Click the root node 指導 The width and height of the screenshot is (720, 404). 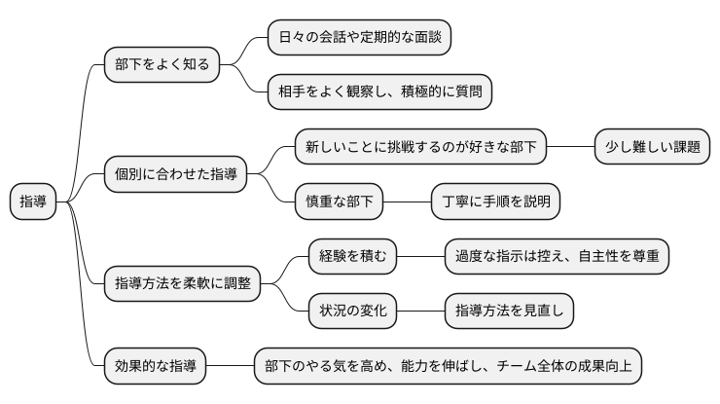pos(33,202)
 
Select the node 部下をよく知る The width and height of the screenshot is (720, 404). pos(162,65)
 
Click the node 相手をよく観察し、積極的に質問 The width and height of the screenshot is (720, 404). pos(379,92)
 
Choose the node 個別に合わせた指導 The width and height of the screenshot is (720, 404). pos(175,174)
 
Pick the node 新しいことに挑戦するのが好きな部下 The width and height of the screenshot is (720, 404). pos(421,147)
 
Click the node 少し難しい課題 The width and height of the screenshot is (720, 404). pos(652,147)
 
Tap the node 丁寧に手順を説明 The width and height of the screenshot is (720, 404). pos(496,202)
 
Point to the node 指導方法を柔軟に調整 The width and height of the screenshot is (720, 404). pos(182,283)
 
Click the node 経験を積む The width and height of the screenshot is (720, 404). pos(352,256)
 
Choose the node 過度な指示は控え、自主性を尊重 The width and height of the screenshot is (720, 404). pos(558,256)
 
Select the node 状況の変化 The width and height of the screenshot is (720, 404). pos(352,311)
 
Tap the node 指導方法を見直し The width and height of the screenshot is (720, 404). pos(510,311)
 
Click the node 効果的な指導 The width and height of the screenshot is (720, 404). pos(155,365)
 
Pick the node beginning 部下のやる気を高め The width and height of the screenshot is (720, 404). pos(448,365)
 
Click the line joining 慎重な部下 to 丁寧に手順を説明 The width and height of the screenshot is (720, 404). pos(407,202)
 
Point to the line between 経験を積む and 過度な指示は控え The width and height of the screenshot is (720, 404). pos(420,256)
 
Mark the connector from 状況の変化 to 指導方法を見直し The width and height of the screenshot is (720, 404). pos(420,311)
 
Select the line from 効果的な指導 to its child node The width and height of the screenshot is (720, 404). pos(230,365)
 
